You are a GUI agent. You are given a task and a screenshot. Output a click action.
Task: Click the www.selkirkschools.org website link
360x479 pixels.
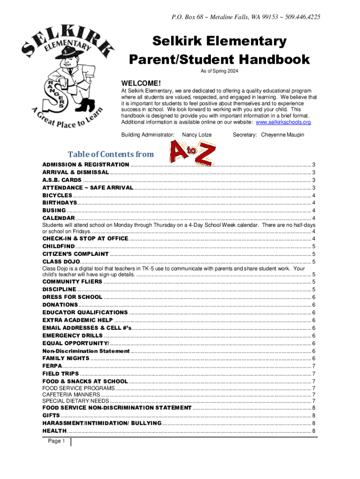coord(283,122)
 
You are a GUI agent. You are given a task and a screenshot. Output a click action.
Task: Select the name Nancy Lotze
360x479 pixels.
coord(197,135)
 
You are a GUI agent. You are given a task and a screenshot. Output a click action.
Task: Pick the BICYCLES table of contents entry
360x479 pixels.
coord(58,195)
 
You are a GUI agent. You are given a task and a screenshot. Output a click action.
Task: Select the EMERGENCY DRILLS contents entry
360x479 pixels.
coord(72,336)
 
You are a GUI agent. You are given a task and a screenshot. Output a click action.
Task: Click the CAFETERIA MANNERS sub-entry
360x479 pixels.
coord(71,394)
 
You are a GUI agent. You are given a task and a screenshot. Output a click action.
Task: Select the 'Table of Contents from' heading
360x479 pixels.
coord(111,154)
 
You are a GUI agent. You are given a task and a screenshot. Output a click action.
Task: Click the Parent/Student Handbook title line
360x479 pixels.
coord(219,59)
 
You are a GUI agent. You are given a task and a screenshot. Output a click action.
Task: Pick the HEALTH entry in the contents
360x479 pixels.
coord(55,430)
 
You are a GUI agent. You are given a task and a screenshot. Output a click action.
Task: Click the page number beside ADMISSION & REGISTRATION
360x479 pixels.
coord(313,165)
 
